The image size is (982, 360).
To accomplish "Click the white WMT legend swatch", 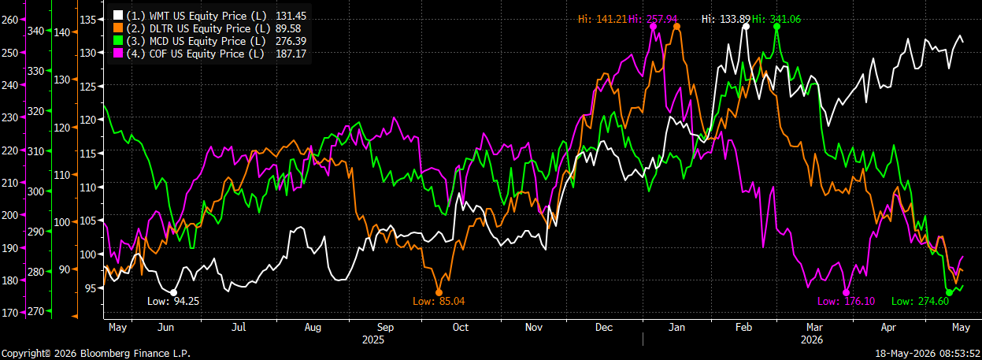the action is (x=118, y=15).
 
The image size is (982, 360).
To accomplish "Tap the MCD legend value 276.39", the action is (x=291, y=41).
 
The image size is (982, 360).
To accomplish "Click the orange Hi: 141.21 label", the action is (x=602, y=19).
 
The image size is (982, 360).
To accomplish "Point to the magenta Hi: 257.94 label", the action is (x=653, y=19).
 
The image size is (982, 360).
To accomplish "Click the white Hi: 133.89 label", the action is (x=726, y=19).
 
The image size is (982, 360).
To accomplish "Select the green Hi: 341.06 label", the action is (x=776, y=19).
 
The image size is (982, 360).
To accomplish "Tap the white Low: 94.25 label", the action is (x=173, y=301).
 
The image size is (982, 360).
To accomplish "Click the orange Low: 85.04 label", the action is (x=439, y=301).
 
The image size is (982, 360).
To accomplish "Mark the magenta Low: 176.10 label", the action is (x=846, y=301).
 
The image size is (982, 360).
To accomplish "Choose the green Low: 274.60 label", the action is (x=921, y=301).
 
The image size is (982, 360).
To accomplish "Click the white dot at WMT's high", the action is (x=746, y=26).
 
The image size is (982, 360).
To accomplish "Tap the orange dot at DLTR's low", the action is (x=439, y=292).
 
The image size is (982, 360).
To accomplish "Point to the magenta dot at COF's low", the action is (x=846, y=292).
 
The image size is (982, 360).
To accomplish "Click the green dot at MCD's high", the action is (x=776, y=26).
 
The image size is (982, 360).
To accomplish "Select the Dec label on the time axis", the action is (x=604, y=327).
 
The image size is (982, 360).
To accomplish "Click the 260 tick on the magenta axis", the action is (x=9, y=20).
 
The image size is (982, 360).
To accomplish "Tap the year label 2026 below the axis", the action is (x=812, y=340).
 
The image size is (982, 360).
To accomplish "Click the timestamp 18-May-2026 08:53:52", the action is (x=928, y=354).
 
